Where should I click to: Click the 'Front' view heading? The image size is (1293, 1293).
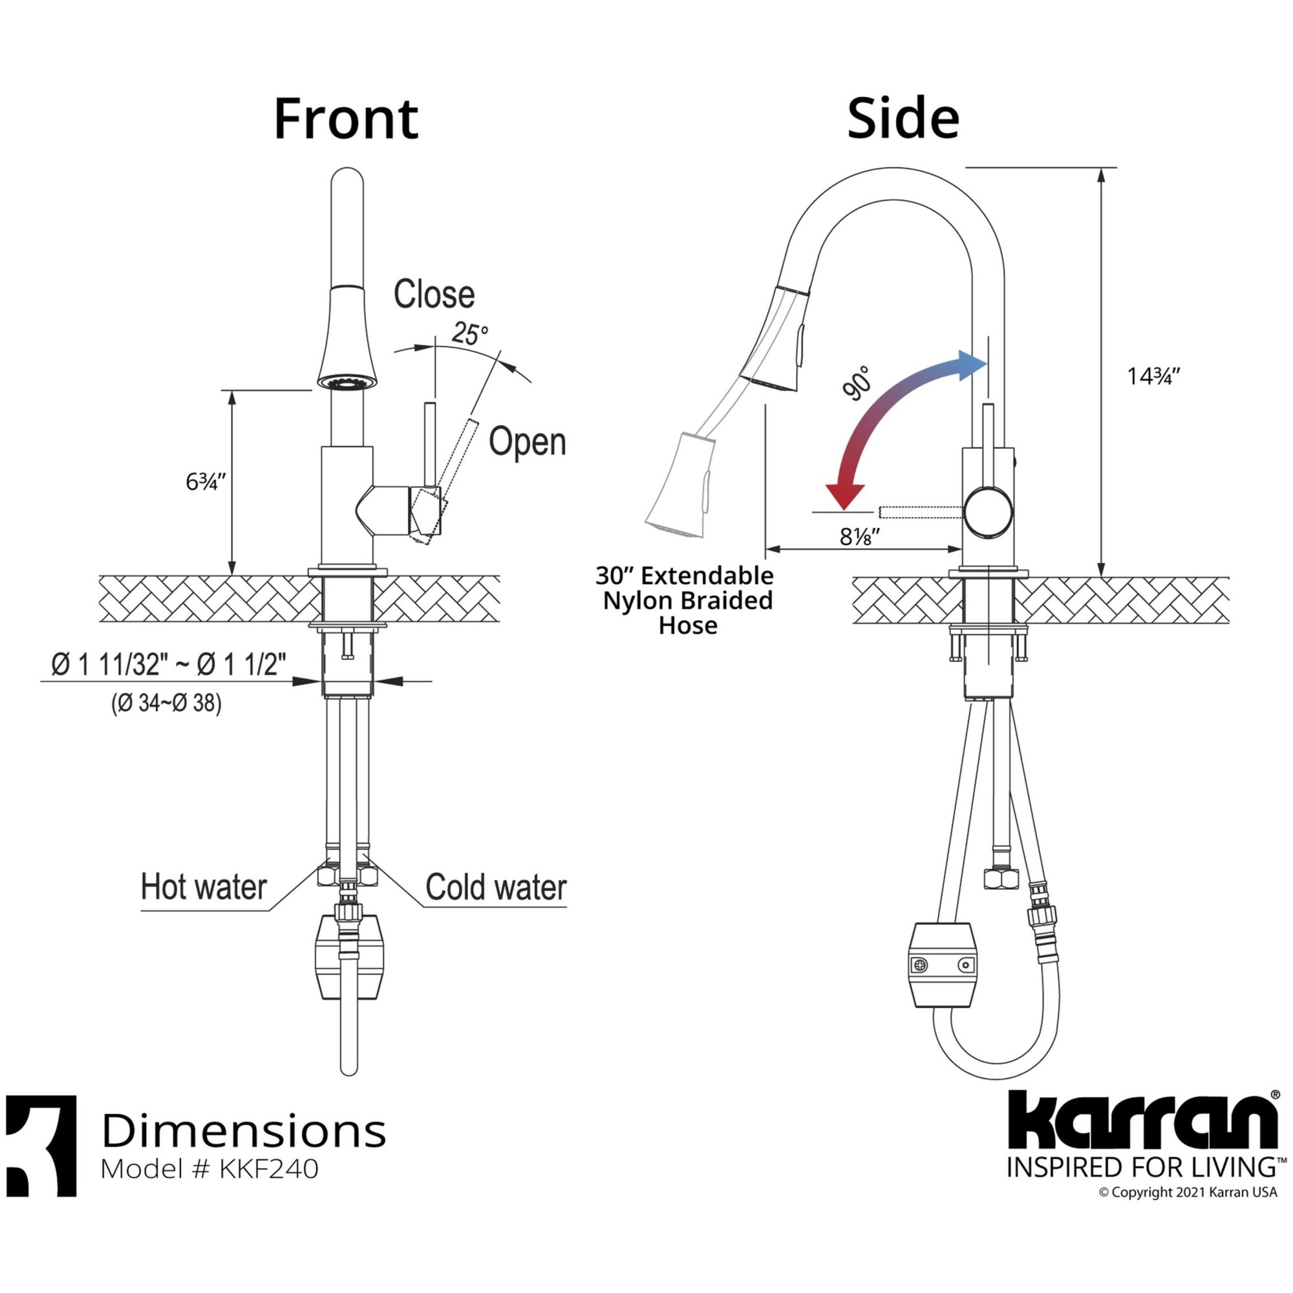point(346,118)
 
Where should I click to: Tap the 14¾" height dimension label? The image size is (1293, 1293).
point(1153,376)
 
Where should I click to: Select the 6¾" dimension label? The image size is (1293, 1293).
point(206,481)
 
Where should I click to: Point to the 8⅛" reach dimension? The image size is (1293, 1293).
point(860,536)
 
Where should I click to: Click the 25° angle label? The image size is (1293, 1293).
point(469,334)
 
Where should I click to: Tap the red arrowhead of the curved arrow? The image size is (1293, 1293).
point(844,496)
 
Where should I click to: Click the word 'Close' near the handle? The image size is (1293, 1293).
point(434,294)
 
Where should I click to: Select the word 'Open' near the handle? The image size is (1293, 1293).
point(528,442)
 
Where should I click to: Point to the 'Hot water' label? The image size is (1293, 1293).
point(204,887)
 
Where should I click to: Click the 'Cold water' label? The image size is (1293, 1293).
point(496,887)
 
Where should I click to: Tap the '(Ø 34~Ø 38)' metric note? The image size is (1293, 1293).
point(166,703)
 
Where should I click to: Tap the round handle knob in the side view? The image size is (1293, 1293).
point(988,511)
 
